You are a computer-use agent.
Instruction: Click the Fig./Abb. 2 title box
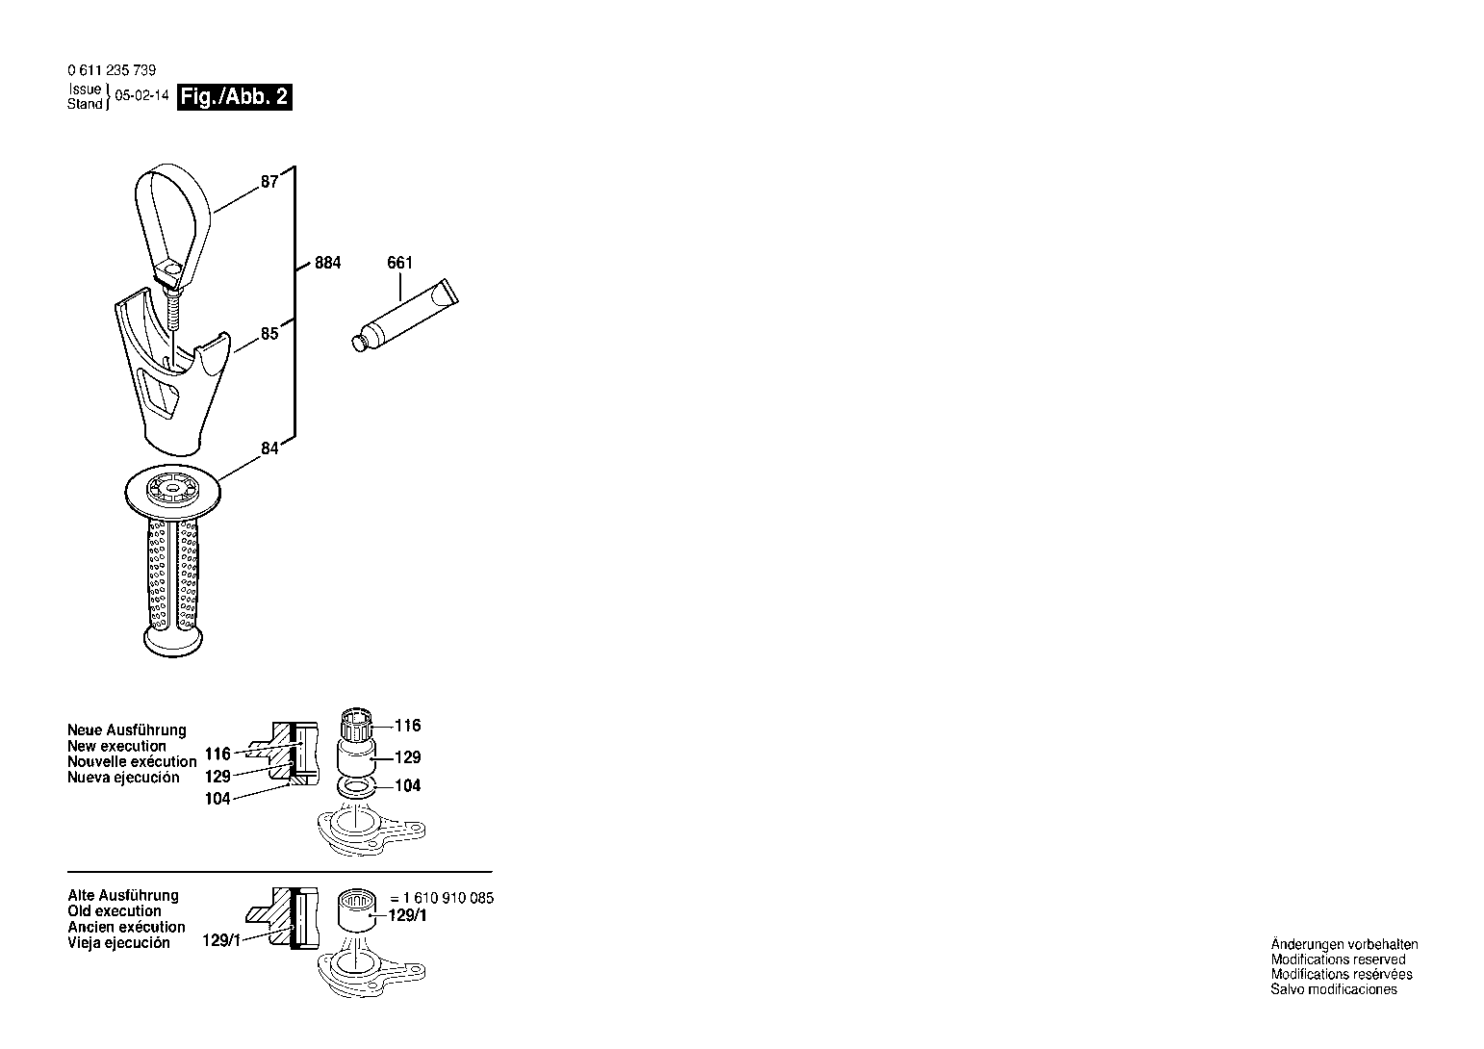point(235,97)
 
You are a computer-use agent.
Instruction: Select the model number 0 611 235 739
point(112,70)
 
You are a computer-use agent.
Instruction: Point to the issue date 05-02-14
point(141,94)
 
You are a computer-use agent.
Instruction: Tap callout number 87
point(269,182)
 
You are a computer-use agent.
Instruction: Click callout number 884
point(328,263)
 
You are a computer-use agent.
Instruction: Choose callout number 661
point(400,263)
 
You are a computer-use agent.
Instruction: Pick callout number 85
point(269,333)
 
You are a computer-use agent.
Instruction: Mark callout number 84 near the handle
point(269,448)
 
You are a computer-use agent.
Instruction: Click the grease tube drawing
point(405,315)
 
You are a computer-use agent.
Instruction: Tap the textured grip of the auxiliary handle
point(173,574)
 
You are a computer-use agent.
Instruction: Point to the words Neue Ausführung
point(126,730)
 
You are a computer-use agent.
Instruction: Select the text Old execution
point(114,911)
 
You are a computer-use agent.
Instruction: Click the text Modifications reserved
point(1339,959)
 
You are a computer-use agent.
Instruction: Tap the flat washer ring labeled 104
point(356,788)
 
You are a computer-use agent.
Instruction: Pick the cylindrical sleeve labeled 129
point(356,758)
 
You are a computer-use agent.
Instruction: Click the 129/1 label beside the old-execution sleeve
point(407,915)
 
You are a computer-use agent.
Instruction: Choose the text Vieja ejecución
point(118,943)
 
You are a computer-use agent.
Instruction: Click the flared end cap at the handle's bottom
point(173,641)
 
